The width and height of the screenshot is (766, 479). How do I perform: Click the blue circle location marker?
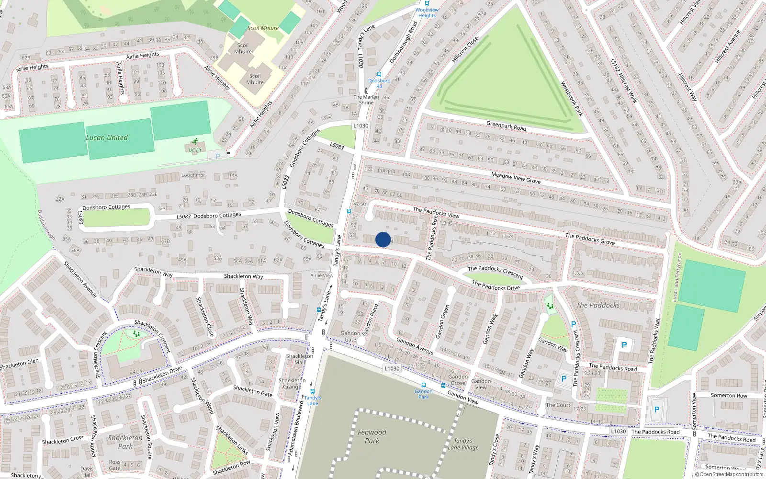[x=383, y=239]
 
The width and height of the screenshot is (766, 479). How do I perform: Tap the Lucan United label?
[x=107, y=138]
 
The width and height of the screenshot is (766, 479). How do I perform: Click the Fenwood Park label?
[x=372, y=436]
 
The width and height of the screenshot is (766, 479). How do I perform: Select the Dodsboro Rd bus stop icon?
[x=379, y=75]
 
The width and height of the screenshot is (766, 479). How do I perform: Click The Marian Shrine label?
[x=366, y=100]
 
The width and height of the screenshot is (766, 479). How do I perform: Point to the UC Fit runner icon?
[x=195, y=141]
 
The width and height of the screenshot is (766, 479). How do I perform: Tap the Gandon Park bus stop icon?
[x=424, y=386]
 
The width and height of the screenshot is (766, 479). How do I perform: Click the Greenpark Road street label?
[x=506, y=126]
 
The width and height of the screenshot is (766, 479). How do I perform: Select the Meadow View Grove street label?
[x=516, y=178]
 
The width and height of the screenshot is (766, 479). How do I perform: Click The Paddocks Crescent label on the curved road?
[x=496, y=272]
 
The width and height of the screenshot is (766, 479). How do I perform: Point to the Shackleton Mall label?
[x=300, y=359]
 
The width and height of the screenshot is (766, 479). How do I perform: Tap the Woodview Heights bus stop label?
[x=427, y=12]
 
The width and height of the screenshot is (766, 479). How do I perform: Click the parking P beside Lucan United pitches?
[x=218, y=157]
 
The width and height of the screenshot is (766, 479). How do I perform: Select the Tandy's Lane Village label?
[x=463, y=444]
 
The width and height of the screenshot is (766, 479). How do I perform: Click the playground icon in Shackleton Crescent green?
[x=136, y=334]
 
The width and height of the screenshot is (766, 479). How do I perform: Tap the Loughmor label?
[x=193, y=175]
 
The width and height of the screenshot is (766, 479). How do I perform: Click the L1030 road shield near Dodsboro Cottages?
[x=360, y=126]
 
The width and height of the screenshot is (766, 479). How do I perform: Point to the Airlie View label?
[x=322, y=275]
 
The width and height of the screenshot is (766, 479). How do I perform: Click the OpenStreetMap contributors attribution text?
[x=729, y=475]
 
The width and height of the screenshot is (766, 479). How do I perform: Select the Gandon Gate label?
[x=350, y=336]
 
